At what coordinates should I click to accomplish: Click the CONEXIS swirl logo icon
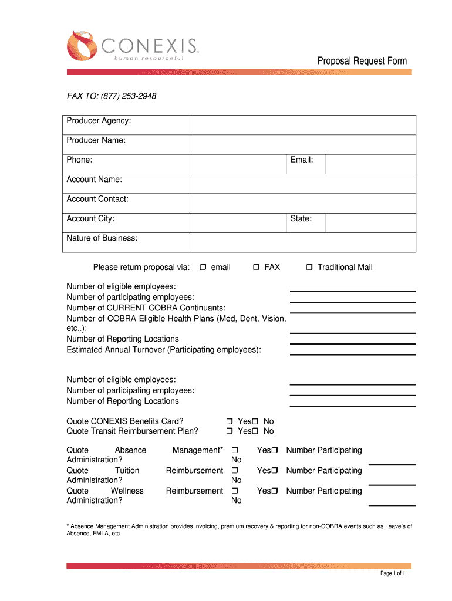82,45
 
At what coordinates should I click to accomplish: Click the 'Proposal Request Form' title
362,61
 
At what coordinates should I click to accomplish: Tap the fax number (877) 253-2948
131,96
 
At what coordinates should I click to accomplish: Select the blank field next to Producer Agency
302,125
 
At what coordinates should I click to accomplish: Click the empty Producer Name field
302,144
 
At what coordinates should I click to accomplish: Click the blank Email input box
370,164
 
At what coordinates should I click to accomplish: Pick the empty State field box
370,223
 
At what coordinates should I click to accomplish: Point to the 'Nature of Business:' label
102,238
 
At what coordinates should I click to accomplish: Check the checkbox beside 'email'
203,268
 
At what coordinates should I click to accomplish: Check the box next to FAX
256,268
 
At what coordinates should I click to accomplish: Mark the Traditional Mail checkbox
309,268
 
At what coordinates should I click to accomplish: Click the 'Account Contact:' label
97,199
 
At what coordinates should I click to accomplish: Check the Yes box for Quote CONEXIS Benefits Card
230,422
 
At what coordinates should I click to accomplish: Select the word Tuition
127,471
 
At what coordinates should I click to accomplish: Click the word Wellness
127,491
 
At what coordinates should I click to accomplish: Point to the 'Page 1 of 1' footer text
393,573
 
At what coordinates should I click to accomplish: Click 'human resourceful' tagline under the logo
144,58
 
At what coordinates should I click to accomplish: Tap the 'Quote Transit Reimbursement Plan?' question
132,431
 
